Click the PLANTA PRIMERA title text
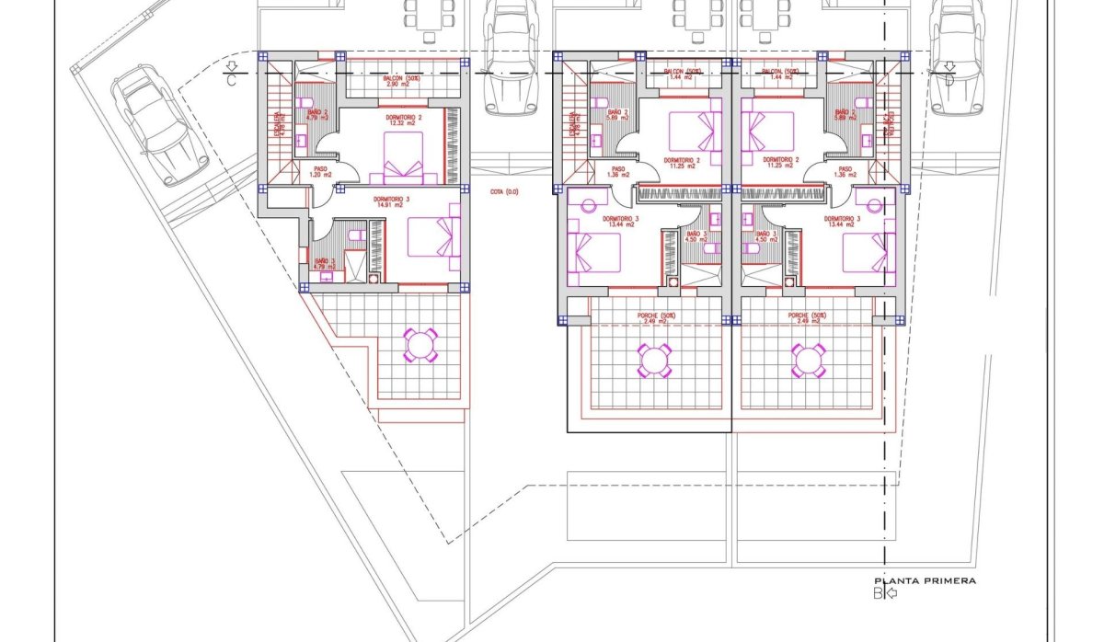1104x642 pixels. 924,580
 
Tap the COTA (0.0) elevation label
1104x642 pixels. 504,192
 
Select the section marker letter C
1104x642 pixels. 232,80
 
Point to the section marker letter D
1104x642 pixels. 949,80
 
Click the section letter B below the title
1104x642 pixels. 877,593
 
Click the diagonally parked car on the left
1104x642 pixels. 147,124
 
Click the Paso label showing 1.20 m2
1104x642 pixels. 320,172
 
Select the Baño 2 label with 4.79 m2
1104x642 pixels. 305,115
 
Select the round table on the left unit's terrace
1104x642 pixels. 420,346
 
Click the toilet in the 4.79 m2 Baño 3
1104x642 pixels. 355,236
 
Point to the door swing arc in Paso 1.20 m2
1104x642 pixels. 350,172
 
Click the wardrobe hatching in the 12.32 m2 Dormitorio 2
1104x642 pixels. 452,145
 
